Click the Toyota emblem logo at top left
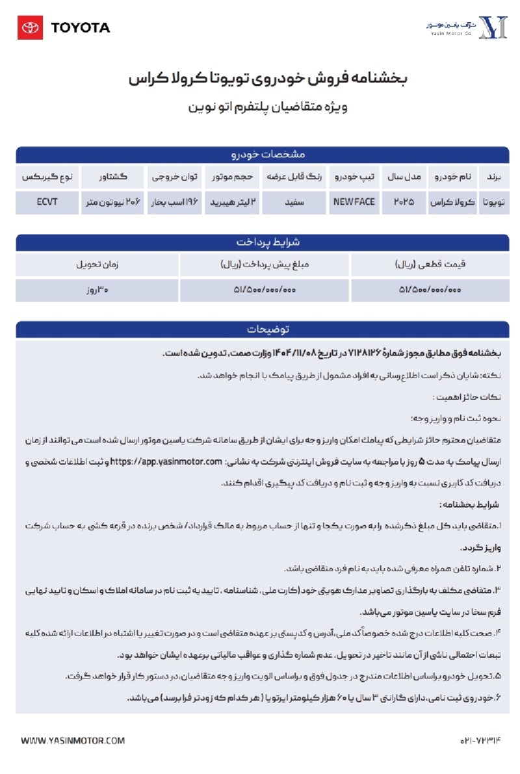click(x=31, y=27)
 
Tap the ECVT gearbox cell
click(x=47, y=202)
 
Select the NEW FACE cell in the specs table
click(x=354, y=202)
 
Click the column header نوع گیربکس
click(x=47, y=177)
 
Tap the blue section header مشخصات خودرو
click(x=263, y=155)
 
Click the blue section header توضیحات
click(x=263, y=329)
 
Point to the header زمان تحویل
click(x=97, y=264)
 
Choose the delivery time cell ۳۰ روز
click(x=97, y=290)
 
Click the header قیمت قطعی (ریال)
click(x=430, y=264)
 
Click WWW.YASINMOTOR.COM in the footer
click(x=73, y=740)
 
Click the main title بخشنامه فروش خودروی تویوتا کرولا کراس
click(x=267, y=79)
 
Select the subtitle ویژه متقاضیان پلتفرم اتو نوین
click(x=267, y=106)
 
